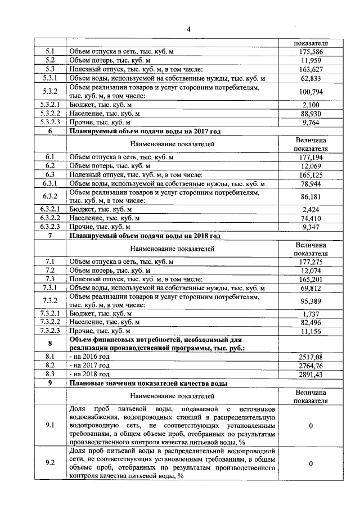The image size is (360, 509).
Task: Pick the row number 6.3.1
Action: [x=50, y=183]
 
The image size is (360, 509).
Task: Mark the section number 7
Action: [x=50, y=236]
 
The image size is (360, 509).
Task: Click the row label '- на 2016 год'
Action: [x=89, y=357]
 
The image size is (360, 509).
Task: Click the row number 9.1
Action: [x=50, y=426]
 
